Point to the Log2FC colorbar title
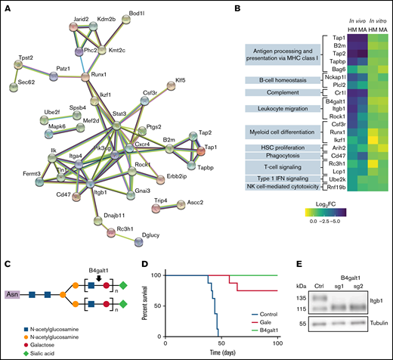[338, 204]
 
